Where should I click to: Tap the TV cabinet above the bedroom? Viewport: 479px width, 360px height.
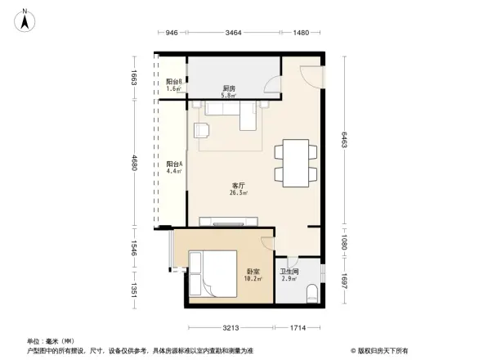230,221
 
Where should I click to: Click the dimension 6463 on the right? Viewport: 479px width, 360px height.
346,141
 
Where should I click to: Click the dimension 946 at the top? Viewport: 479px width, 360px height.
171,33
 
